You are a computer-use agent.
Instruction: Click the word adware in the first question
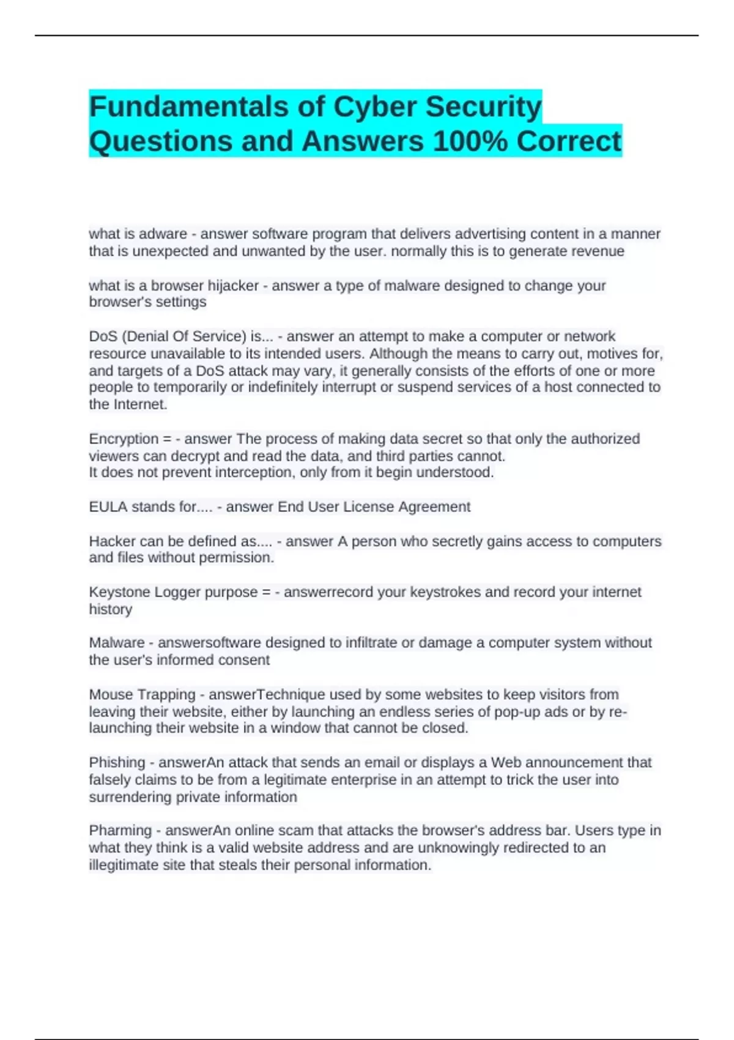(x=163, y=234)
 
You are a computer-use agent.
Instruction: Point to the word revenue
(x=599, y=251)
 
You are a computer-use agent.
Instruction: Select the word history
(x=111, y=609)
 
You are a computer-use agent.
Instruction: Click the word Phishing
(x=117, y=763)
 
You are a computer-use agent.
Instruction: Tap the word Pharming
(x=120, y=831)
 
